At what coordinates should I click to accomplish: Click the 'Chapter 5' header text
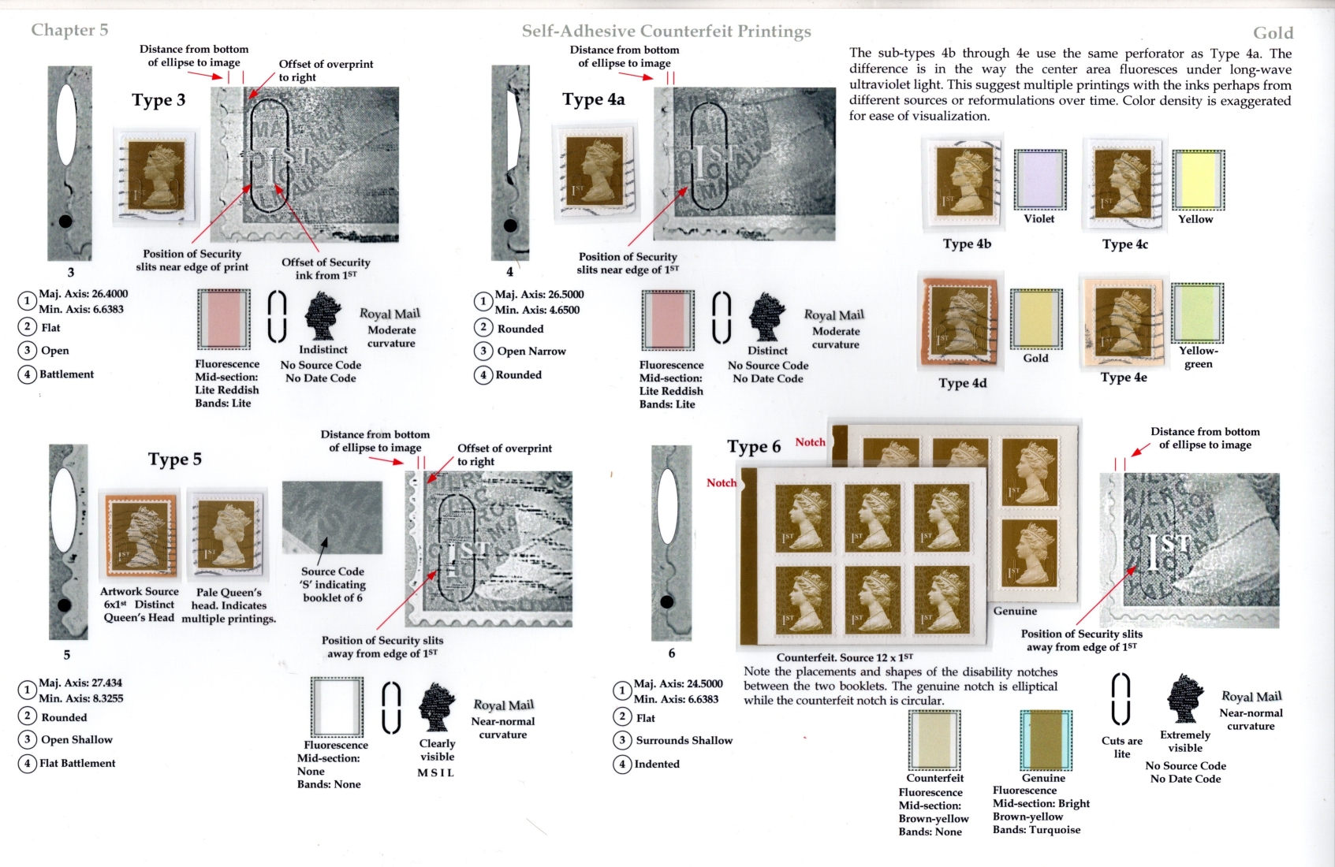[69, 30]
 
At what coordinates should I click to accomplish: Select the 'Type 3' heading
[158, 100]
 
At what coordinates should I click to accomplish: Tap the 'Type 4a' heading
[594, 99]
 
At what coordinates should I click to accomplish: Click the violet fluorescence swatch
[1040, 180]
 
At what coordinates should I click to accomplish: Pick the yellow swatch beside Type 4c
[1198, 180]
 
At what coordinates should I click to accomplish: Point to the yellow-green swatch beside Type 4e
[1197, 313]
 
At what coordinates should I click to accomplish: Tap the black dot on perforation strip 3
[65, 221]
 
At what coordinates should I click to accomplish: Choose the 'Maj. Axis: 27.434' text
[80, 683]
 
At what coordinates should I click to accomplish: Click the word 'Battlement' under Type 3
[67, 374]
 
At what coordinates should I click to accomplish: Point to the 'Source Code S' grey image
[332, 517]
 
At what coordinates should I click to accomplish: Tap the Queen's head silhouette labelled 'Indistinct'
[323, 316]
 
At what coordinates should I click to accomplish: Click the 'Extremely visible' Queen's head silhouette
[1185, 698]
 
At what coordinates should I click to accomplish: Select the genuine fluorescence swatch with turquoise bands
[1046, 740]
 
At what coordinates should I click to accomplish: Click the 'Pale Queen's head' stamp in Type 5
[228, 534]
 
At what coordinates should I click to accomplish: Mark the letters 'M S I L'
[435, 773]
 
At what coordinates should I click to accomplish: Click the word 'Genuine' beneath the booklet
[1015, 611]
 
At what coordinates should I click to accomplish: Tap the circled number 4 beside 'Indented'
[622, 764]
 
